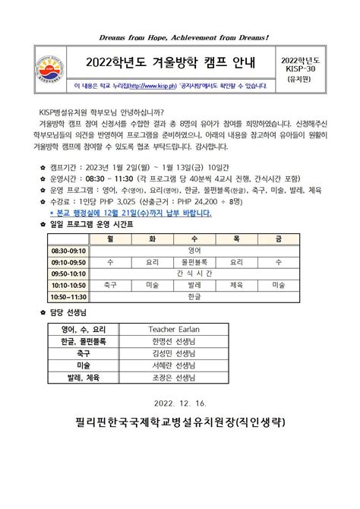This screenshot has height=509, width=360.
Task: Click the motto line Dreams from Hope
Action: pyautogui.click(x=180, y=36)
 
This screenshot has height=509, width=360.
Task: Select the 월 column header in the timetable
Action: pyautogui.click(x=110, y=239)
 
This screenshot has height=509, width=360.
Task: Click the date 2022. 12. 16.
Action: pyautogui.click(x=180, y=403)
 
